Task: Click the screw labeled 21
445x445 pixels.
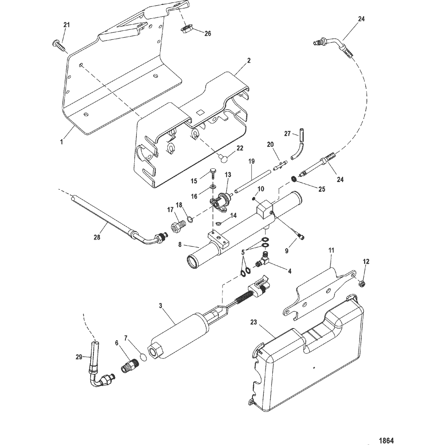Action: click(x=59, y=45)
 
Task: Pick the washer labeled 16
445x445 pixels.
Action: click(x=213, y=186)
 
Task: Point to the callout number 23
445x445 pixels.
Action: click(x=253, y=322)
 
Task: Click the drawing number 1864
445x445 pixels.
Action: click(x=386, y=441)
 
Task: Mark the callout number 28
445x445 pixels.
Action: click(x=97, y=237)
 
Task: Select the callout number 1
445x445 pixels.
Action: click(x=61, y=142)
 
